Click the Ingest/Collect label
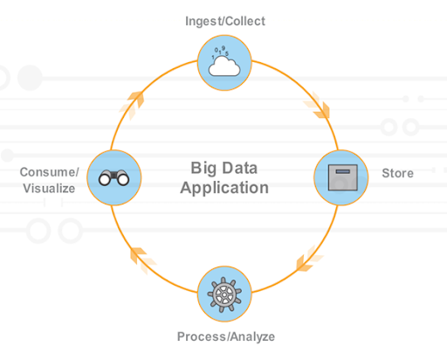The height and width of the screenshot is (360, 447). click(x=225, y=21)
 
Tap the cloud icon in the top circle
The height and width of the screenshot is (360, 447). click(x=224, y=66)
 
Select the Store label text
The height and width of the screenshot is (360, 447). click(x=397, y=173)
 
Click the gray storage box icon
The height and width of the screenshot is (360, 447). click(x=343, y=177)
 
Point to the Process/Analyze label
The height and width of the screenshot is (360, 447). click(x=226, y=336)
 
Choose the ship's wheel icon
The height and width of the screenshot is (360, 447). click(x=224, y=294)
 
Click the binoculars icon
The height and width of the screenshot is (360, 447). click(x=113, y=177)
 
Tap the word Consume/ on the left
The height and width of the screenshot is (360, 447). click(x=49, y=172)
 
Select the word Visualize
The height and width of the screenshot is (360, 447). click(x=49, y=189)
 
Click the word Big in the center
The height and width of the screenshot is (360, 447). click(x=203, y=169)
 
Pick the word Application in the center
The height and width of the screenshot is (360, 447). click(x=224, y=188)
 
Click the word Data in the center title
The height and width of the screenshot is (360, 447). click(x=240, y=168)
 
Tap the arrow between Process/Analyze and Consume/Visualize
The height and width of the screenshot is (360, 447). click(x=142, y=260)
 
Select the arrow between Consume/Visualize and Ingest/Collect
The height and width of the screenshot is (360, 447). click(x=132, y=105)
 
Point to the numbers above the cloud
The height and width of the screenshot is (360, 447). click(x=220, y=52)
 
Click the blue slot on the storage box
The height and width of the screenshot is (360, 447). click(x=343, y=171)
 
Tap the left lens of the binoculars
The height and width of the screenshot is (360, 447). click(x=105, y=179)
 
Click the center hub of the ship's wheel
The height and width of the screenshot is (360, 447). click(x=224, y=294)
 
